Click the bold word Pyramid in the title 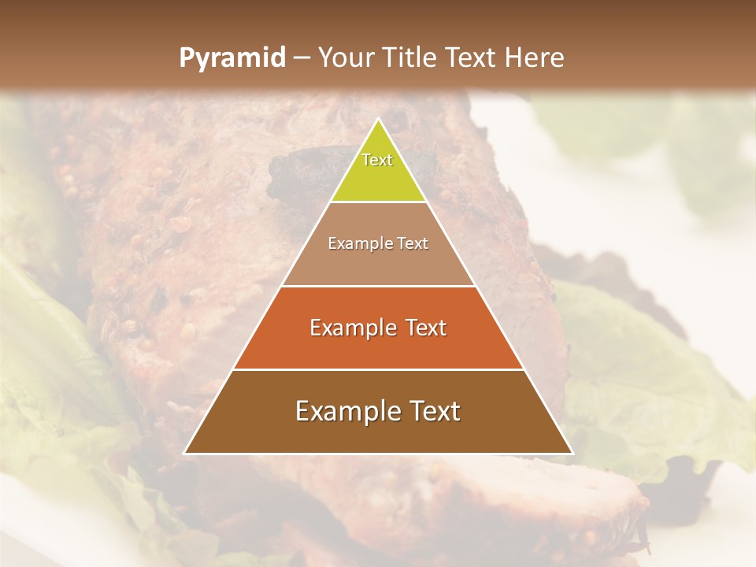tap(232, 57)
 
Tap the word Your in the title tap(347, 57)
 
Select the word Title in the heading tap(409, 57)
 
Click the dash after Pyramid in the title tap(301, 58)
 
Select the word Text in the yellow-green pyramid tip tap(377, 160)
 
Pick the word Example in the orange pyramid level tap(351, 328)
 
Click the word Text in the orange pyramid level tap(425, 328)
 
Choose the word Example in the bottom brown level tap(342, 411)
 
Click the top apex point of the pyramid tap(378, 120)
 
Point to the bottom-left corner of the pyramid tap(185, 453)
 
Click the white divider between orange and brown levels tap(378, 369)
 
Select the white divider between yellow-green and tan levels tap(378, 202)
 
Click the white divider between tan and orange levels tap(378, 286)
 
